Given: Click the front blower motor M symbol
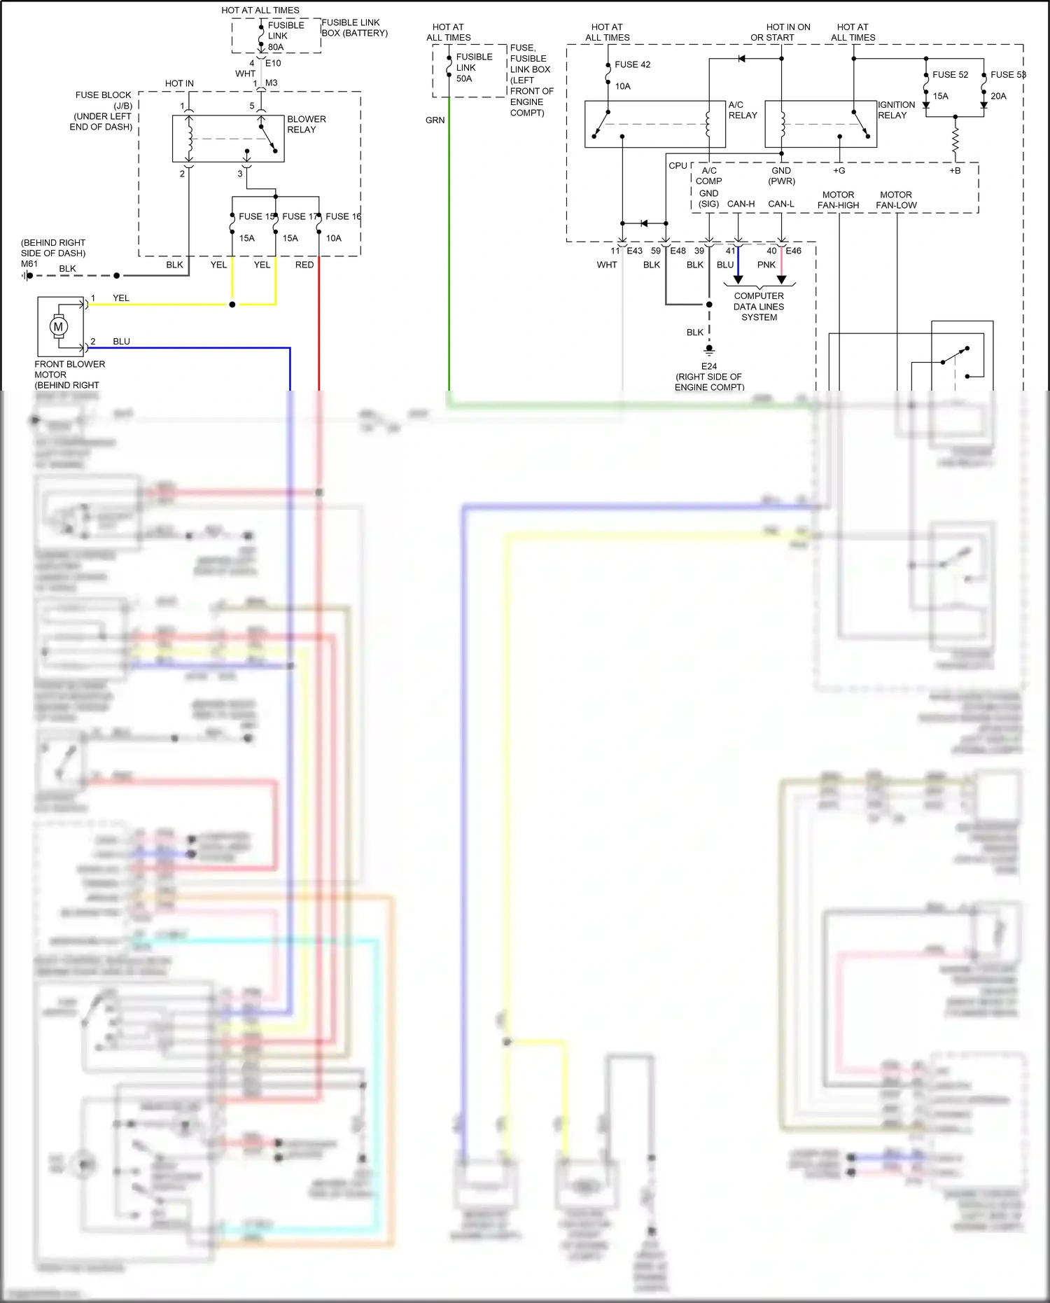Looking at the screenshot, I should point(58,326).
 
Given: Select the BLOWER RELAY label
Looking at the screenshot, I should point(306,124).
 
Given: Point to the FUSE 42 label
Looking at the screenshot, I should point(632,64).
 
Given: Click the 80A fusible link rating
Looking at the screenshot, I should point(276,47).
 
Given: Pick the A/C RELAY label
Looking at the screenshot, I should point(742,110).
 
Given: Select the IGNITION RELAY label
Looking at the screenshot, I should point(896,110).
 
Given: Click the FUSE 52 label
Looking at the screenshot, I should point(950,75).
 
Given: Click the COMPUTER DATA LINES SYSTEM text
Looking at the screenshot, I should point(759,307).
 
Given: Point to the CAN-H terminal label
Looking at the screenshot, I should point(741,204).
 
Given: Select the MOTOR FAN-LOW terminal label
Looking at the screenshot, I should point(896,200).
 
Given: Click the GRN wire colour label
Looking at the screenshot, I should point(435,120).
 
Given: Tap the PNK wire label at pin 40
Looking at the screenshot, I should point(766,265).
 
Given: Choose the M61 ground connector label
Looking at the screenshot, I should point(29,264).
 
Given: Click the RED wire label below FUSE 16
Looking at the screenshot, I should point(304,265).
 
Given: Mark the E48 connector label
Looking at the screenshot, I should point(678,251).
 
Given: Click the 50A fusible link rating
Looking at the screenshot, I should point(463,78).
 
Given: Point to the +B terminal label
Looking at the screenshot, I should point(955,171).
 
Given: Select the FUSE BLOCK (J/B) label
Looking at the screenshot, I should point(104,100).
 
